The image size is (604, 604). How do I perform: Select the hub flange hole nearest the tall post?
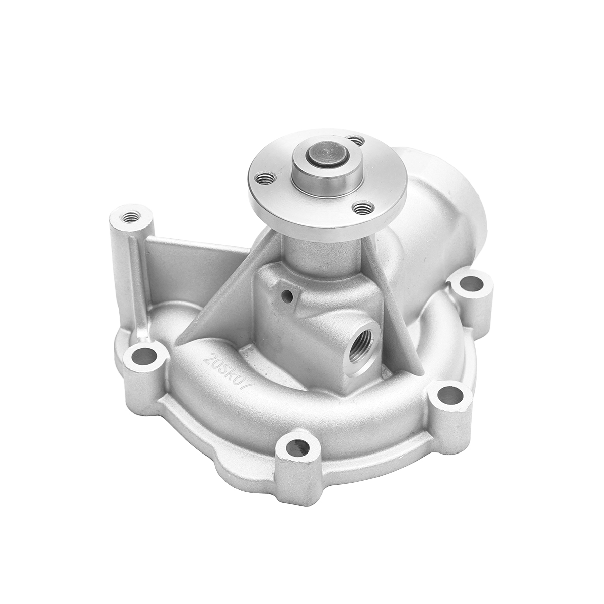265,178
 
